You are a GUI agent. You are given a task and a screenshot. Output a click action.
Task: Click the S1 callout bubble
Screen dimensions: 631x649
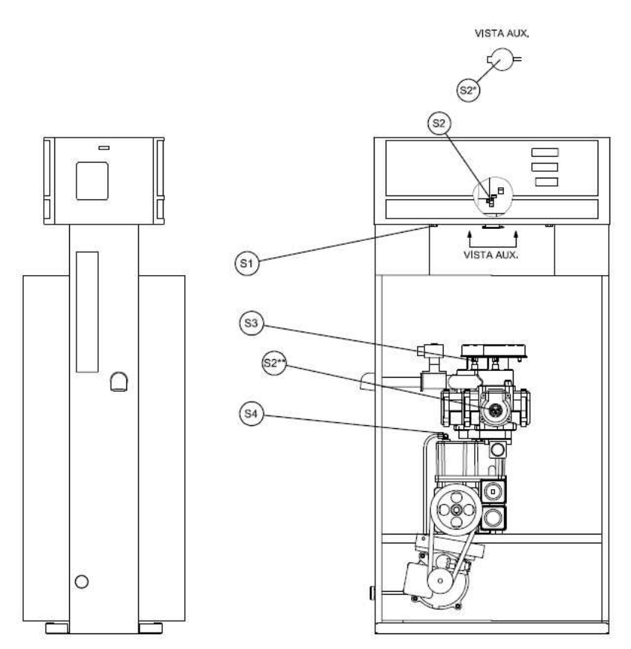(247, 263)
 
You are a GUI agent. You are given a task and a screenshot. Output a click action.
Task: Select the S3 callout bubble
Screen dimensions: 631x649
(251, 323)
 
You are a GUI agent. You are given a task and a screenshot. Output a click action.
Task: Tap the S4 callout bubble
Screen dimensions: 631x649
(251, 413)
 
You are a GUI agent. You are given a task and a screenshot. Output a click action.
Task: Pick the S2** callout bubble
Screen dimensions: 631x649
(274, 363)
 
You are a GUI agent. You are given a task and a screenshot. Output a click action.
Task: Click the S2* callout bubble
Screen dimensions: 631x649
(469, 90)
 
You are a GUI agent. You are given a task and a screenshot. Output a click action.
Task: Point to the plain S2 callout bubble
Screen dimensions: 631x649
(439, 123)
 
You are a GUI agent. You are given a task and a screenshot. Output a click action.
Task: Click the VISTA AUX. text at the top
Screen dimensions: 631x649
(502, 33)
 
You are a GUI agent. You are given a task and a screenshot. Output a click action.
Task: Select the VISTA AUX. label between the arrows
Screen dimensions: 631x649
(491, 255)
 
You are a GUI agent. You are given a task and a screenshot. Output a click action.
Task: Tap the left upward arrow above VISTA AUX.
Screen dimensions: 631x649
(469, 239)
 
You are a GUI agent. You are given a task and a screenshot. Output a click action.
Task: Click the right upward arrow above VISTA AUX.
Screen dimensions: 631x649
(516, 239)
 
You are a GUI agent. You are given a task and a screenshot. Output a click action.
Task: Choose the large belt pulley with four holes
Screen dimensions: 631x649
(456, 509)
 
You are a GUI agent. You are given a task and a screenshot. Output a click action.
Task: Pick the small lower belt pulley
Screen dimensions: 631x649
(440, 581)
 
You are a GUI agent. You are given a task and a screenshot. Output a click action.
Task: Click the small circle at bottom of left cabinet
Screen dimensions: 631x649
(82, 581)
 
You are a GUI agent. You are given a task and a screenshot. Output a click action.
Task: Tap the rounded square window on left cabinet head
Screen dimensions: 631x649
(92, 181)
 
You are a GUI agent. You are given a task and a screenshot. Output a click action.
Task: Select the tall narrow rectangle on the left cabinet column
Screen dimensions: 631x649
(87, 312)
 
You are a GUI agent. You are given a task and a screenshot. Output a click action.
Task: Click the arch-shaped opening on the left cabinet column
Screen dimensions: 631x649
(119, 381)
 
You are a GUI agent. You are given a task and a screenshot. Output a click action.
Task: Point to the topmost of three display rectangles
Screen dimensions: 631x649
(545, 152)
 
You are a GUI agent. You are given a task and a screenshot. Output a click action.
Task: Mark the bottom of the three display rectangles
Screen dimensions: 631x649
(546, 181)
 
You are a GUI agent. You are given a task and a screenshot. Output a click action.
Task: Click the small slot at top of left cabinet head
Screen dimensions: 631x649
(104, 148)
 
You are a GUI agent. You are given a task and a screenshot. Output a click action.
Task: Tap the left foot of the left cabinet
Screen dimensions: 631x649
(56, 628)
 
